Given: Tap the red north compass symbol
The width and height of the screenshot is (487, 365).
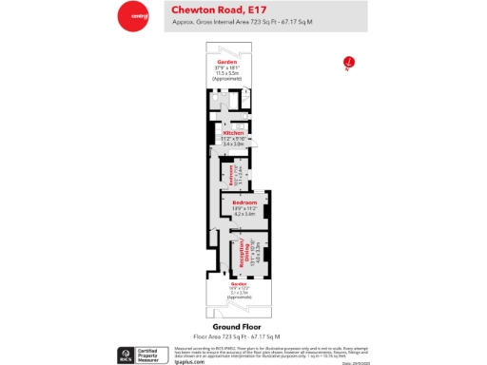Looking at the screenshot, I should click(x=349, y=63).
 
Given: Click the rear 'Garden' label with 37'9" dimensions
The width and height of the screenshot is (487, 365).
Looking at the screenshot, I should click(x=226, y=61).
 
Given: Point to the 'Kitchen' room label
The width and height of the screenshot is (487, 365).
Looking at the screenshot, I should click(x=234, y=133).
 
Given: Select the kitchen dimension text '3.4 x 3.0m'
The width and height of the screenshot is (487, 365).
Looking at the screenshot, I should click(x=234, y=144).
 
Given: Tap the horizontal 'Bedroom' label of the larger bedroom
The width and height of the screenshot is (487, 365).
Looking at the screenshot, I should click(x=246, y=202).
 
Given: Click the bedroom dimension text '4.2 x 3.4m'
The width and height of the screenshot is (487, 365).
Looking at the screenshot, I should click(x=245, y=214).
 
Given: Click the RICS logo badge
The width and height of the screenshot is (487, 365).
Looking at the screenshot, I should click(x=125, y=354).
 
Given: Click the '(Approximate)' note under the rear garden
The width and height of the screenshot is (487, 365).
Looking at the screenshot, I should click(x=226, y=78).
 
